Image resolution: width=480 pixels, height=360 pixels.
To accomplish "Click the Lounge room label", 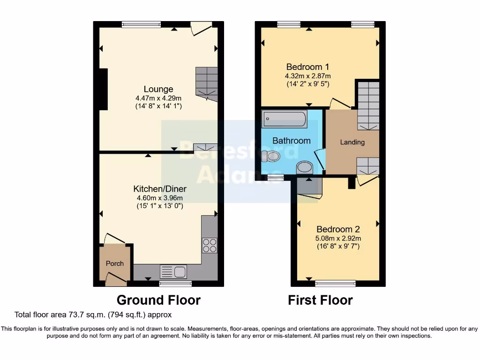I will coord(158,89).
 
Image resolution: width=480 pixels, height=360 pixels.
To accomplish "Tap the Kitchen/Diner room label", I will coord(160,189).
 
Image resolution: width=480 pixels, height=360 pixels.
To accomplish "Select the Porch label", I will coord(114,263).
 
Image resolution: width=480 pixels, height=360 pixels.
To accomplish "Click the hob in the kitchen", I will coord(209,245).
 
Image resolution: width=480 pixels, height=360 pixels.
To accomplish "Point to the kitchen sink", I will coord(173,271).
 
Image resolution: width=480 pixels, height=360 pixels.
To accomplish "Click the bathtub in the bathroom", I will coord(284,120).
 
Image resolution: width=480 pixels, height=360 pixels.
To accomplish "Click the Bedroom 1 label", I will coord(307,67).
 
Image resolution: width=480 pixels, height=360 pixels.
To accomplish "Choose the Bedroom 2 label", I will coord(338,229).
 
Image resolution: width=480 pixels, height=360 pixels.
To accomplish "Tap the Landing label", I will coord(352,142).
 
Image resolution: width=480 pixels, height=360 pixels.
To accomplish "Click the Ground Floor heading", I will coord(158,300).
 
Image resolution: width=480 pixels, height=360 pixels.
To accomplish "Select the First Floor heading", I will coord(320,300).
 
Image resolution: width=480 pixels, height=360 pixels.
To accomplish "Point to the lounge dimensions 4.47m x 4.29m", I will coord(158,98).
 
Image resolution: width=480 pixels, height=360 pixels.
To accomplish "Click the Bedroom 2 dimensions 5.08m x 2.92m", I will coord(338,238).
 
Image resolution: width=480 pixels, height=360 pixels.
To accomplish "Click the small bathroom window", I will coord(276,177).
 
